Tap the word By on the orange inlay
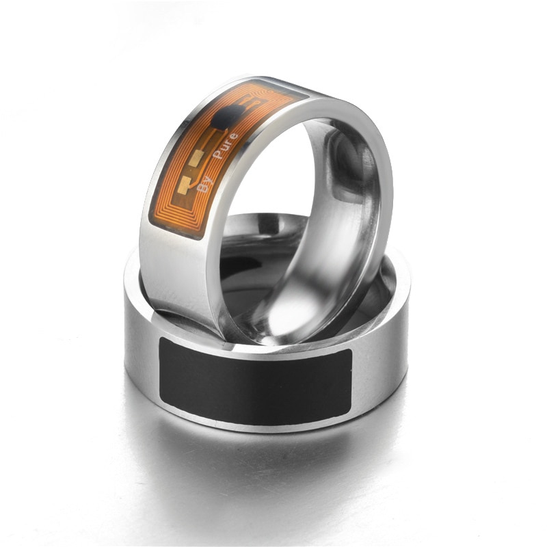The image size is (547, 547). tap(203, 183)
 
